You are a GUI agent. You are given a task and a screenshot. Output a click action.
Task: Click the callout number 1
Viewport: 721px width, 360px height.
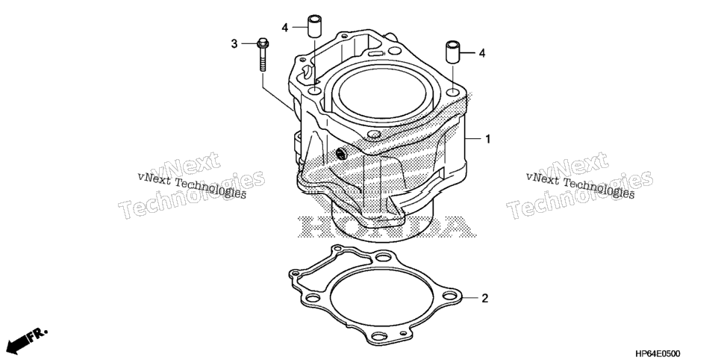(x=488, y=139)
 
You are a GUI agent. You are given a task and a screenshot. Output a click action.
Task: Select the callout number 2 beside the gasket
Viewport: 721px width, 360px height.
(x=484, y=299)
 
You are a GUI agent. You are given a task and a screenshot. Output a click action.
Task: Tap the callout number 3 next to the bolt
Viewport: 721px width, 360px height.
(x=234, y=44)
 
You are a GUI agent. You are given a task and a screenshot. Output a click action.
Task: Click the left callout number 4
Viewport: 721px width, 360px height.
(x=285, y=28)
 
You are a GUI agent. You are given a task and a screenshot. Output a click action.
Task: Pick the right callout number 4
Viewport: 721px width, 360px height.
(x=482, y=53)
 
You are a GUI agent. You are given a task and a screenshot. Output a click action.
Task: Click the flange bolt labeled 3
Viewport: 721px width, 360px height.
(x=263, y=55)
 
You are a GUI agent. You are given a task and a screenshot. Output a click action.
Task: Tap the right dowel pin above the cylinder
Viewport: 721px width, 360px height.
(x=452, y=53)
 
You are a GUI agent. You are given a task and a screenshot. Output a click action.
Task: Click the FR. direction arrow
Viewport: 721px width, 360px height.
(x=27, y=340)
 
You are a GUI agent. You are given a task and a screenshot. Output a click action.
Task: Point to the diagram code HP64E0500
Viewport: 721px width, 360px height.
(x=657, y=353)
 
